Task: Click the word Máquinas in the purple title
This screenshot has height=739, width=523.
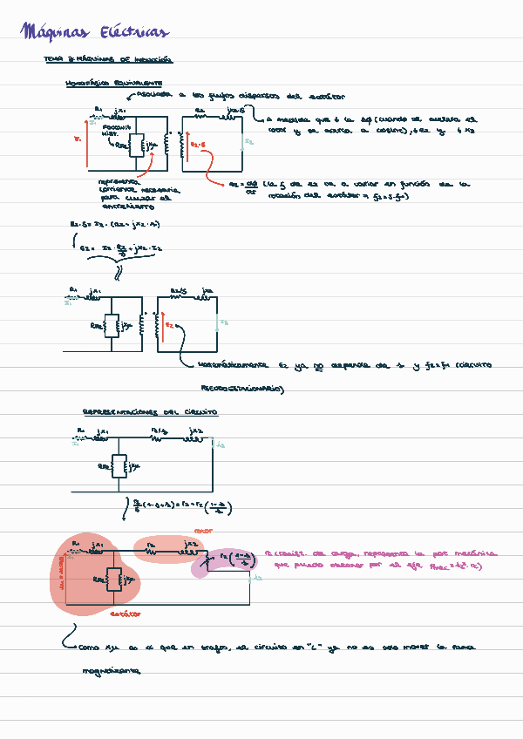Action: click(x=55, y=33)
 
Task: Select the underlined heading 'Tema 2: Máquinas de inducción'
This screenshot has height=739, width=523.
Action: click(x=108, y=60)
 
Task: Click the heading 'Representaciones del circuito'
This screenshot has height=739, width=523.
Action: click(x=150, y=411)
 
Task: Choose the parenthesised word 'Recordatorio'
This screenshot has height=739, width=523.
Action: click(x=236, y=389)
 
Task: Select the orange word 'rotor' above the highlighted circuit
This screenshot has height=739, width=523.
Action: click(x=203, y=530)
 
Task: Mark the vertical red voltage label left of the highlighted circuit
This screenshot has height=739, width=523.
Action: click(x=62, y=576)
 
